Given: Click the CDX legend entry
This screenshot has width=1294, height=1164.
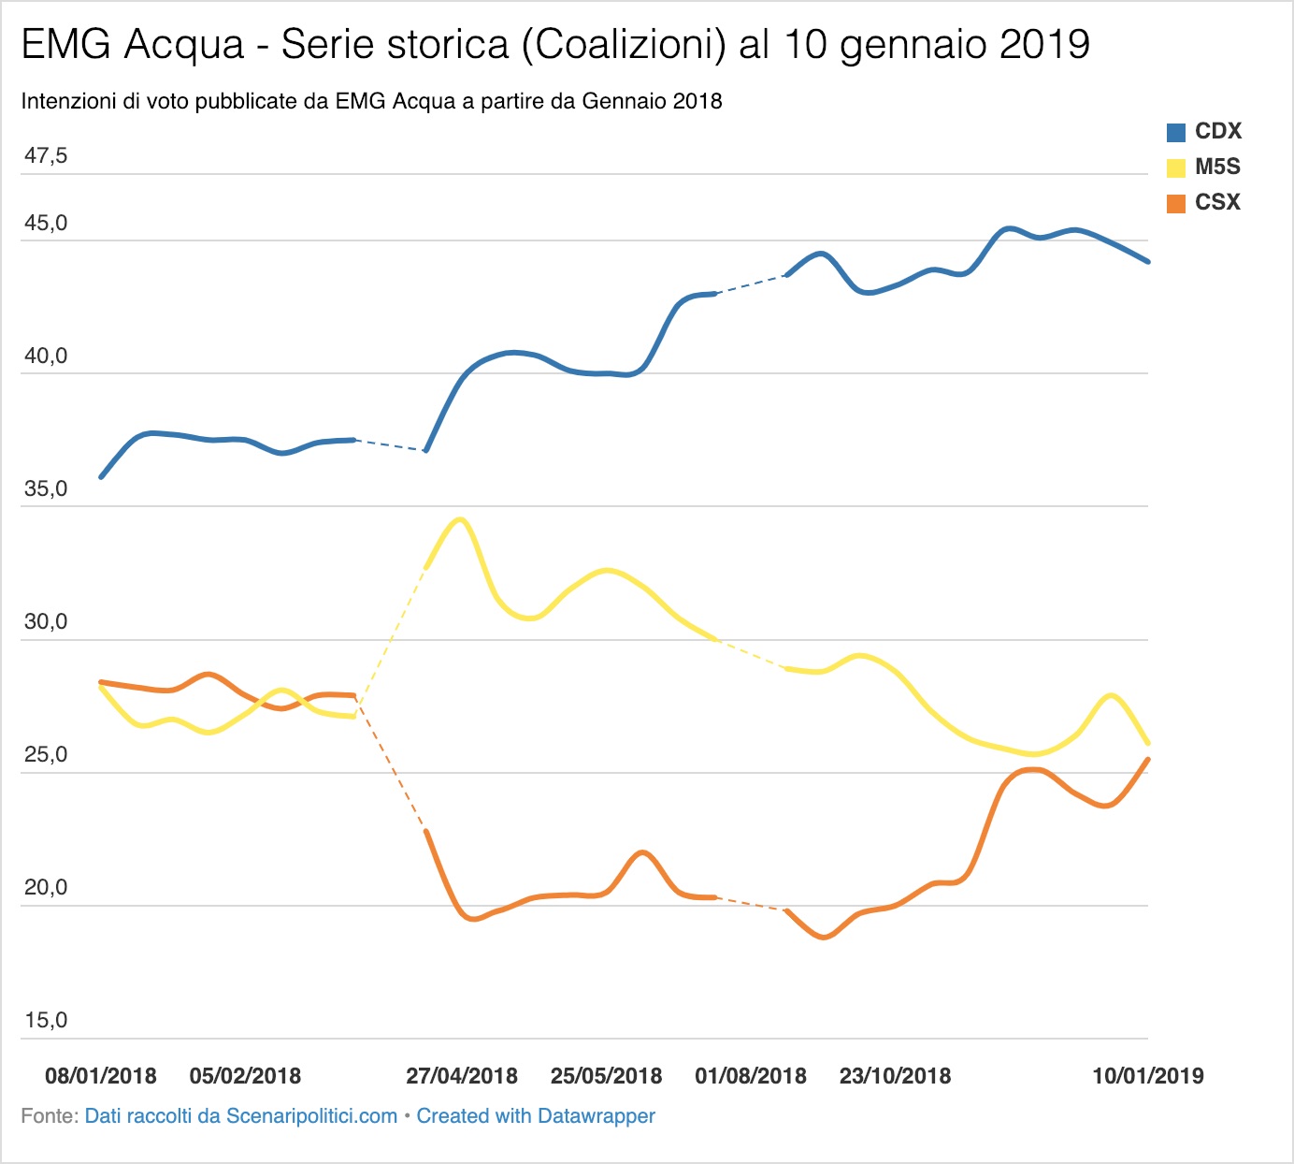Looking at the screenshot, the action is coord(1203,131).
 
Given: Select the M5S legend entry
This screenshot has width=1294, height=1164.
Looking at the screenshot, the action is coord(1203,167).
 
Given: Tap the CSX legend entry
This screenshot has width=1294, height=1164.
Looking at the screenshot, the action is coord(1203,202).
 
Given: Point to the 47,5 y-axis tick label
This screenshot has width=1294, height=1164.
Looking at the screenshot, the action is coord(46,155).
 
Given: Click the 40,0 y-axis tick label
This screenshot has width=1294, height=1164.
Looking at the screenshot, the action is coord(46,356).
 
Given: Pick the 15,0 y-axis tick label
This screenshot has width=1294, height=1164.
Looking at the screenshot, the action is coord(46,1020).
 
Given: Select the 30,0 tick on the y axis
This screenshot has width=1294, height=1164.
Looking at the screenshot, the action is coord(46,621).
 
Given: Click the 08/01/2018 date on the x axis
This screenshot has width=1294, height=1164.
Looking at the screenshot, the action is coord(101,1076).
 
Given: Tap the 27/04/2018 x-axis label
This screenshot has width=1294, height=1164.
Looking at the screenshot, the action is coord(462,1076).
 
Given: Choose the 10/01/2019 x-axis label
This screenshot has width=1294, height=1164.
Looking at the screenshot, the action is coord(1148,1076).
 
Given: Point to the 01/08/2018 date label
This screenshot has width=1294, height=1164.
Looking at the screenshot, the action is coord(751,1076).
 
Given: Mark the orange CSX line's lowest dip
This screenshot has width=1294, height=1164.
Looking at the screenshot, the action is coord(824,937).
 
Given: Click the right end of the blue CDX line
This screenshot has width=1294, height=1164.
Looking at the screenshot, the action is coord(1148,261).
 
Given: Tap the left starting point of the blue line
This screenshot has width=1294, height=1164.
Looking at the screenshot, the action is coord(101,477).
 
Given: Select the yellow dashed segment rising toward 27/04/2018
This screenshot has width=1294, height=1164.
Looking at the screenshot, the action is coord(390,642).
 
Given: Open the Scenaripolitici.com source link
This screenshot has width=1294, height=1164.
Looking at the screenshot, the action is coord(241,1116).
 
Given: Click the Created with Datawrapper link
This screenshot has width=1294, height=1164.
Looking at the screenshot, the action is coord(536,1116).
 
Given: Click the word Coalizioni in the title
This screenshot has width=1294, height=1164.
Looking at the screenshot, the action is coord(624,45).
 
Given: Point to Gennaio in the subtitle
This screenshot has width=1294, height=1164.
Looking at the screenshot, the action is coord(624,101).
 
